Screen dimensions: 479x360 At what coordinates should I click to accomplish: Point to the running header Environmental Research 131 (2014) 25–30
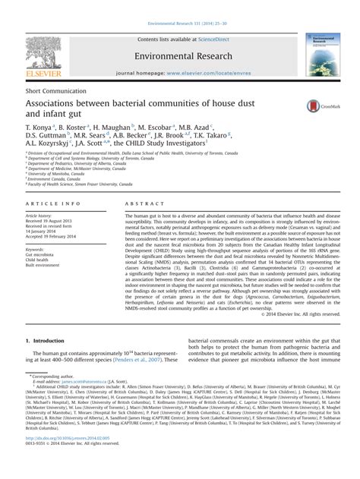pos(180,5)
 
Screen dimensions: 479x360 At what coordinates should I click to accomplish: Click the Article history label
pos(41,216)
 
